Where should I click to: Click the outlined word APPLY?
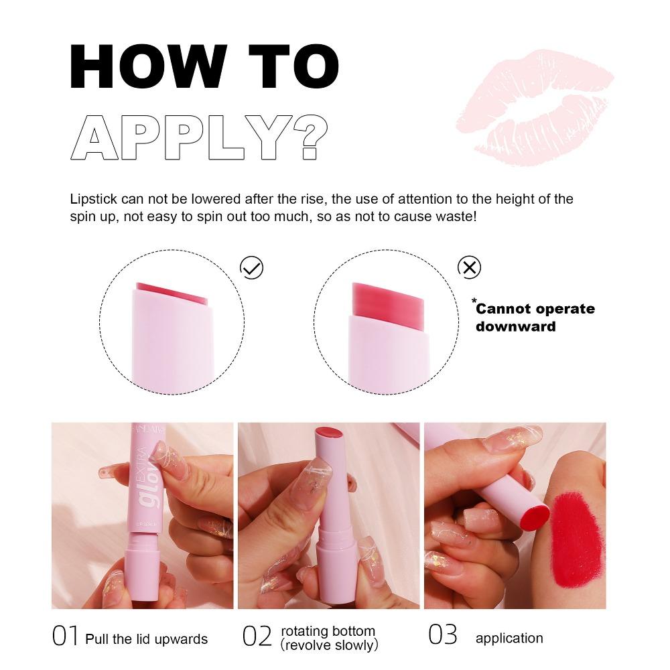(x=199, y=137)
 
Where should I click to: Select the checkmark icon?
(x=252, y=267)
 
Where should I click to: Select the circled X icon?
(x=469, y=267)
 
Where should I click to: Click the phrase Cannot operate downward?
(x=535, y=318)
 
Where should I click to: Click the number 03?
(x=442, y=635)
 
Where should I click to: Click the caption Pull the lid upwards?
(x=146, y=639)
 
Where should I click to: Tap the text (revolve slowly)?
(x=329, y=645)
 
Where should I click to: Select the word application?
(x=509, y=639)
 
